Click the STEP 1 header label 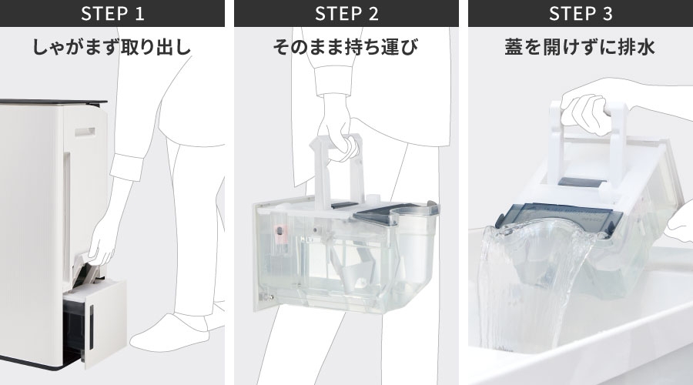point(112,14)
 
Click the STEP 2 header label point(346,14)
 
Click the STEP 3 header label point(581,14)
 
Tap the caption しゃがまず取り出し point(112,48)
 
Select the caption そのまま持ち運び point(346,48)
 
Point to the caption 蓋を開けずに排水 point(581,48)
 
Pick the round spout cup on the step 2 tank point(416,231)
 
